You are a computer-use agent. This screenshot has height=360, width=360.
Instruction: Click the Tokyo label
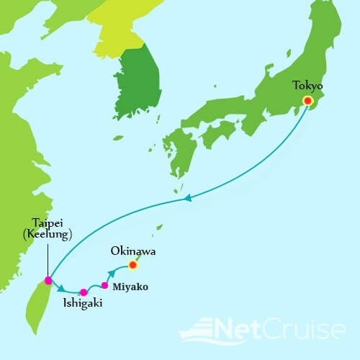coord(307,85)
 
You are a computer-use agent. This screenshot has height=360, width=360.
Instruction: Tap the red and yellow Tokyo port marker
coord(307,102)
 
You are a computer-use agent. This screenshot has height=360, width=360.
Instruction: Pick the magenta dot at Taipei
coord(48,280)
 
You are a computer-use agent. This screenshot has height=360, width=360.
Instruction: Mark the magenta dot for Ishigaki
coord(84,292)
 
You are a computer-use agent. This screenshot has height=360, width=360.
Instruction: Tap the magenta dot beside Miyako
coord(105,285)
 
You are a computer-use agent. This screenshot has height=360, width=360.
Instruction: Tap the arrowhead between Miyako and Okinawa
coord(112,274)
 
